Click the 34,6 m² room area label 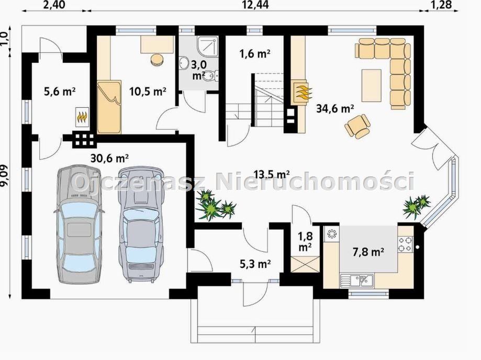pos(335,108)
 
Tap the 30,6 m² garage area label pos(109,158)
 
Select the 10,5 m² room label pos(148,91)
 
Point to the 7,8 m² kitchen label pos(368,252)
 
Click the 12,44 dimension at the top pos(255,5)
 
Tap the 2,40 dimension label pos(54,5)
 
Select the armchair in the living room pos(357,126)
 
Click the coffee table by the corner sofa pos(372,85)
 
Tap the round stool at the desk pos(158,59)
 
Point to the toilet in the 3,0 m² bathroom pos(211,75)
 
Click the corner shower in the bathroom pos(208,47)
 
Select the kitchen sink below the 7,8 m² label pos(357,280)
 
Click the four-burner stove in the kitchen pos(406,244)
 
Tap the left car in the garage pos(80,224)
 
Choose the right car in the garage pos(140,224)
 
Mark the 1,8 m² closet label pos(305,241)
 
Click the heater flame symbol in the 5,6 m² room pos(82,117)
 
